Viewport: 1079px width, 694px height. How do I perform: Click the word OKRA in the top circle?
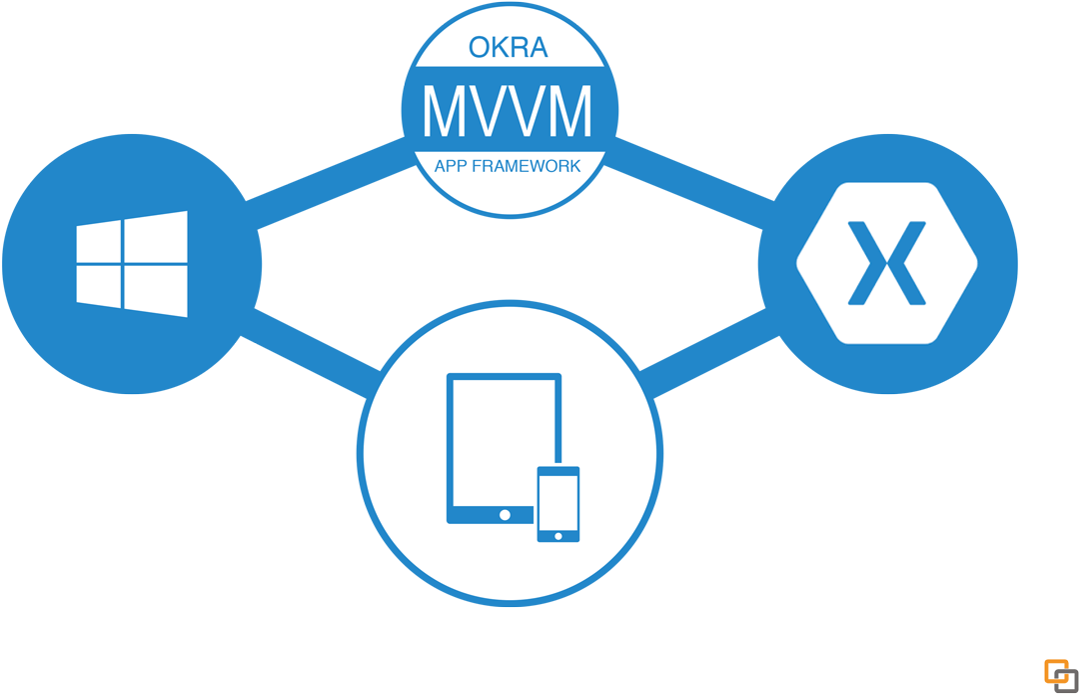click(509, 48)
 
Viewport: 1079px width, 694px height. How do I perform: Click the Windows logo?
click(132, 264)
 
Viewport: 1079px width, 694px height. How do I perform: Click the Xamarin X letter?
click(887, 263)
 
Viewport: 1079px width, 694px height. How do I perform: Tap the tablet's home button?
click(505, 514)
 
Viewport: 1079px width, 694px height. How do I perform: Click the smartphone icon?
click(558, 504)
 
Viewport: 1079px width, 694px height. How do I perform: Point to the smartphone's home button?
click(558, 534)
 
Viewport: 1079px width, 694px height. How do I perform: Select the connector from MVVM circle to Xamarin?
click(689, 175)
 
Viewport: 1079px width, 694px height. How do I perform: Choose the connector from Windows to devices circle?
click(310, 340)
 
